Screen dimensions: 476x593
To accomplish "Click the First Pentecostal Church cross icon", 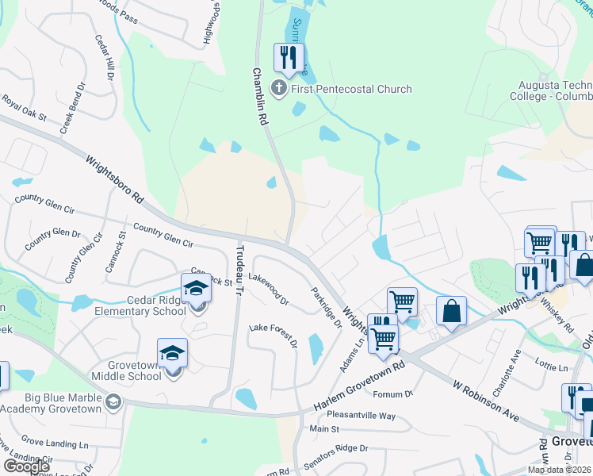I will (x=279, y=88).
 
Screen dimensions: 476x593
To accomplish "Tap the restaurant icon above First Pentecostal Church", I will (x=288, y=57).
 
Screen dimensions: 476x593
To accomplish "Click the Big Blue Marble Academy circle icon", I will (x=113, y=402).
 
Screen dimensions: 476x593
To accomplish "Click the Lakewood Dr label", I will (x=269, y=290).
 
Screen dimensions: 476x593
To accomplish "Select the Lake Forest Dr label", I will (x=273, y=335).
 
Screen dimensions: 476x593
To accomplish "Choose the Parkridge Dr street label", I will (x=326, y=308).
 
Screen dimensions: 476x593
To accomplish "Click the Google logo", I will (x=26, y=466).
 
